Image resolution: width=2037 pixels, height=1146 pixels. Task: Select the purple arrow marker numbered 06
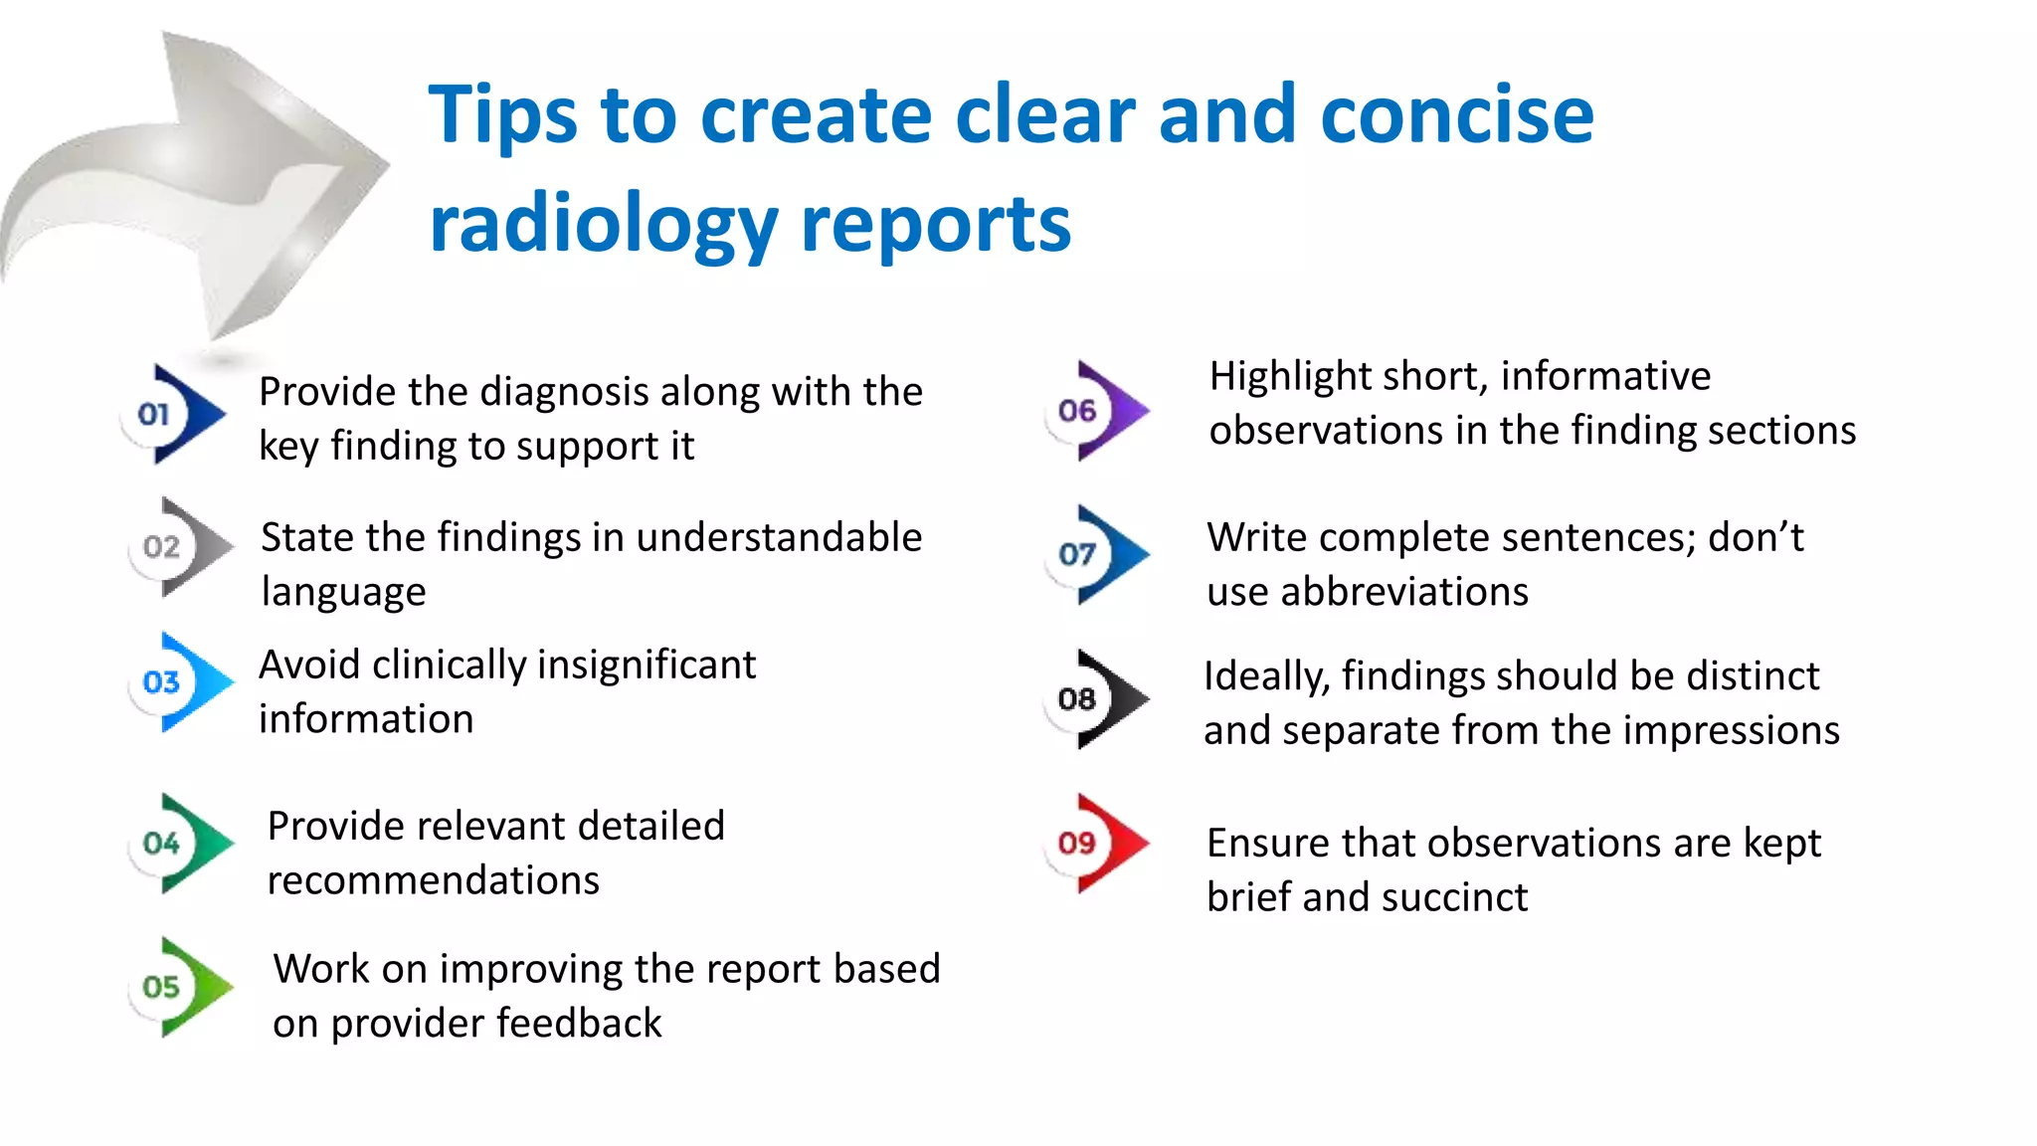1099,410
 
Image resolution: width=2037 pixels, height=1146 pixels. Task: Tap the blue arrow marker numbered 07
1099,554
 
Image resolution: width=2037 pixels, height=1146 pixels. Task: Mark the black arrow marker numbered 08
1099,698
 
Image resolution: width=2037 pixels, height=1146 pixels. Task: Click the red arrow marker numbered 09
1099,843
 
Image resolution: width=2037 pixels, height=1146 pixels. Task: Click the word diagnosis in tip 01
564,392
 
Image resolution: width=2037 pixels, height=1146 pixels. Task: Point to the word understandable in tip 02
779,537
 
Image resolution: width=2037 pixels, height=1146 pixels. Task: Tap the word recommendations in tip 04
434,880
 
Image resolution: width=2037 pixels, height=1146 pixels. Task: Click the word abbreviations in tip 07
1404,592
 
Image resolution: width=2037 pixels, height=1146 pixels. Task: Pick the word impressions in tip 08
1732,731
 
